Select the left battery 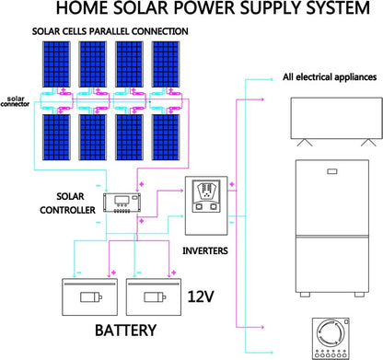tap(88, 297)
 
